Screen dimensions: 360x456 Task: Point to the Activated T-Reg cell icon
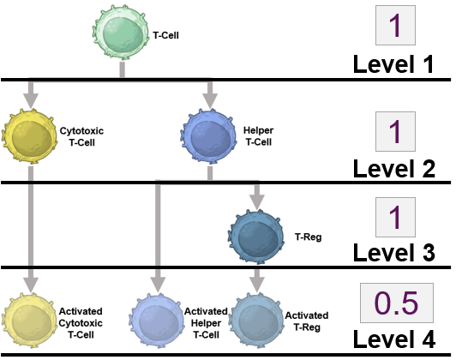tap(257, 317)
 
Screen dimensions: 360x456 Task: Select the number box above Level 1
tap(395, 26)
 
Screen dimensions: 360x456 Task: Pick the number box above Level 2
tap(395, 131)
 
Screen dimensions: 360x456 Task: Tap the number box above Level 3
tap(395, 217)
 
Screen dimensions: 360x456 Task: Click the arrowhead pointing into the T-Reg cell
tap(255, 202)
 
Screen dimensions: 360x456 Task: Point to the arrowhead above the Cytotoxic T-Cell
tap(30, 100)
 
